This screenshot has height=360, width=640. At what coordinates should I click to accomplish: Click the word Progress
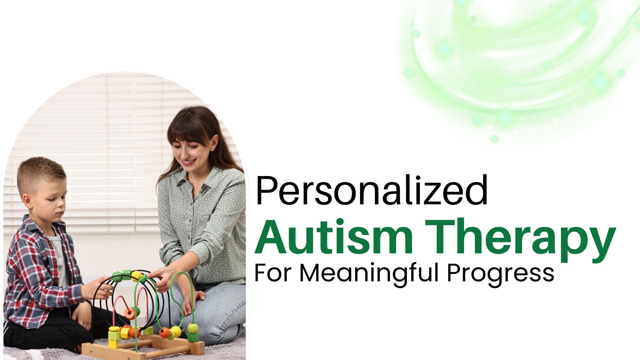[500, 274]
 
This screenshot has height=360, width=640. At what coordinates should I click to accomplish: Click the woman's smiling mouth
[189, 162]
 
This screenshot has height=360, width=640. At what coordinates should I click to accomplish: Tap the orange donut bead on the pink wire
[130, 313]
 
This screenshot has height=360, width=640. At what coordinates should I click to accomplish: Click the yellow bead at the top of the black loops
[137, 275]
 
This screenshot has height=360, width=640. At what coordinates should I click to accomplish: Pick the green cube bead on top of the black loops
[126, 274]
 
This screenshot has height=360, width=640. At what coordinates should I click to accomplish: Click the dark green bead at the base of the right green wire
[193, 336]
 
